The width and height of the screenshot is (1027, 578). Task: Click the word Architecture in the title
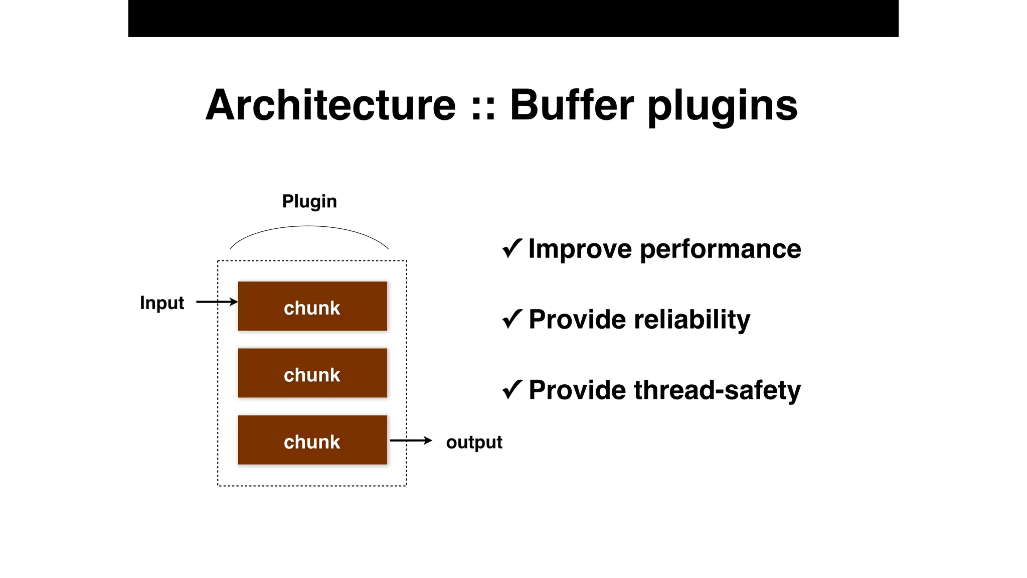point(331,105)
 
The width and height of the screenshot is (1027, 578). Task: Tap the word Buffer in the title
point(572,105)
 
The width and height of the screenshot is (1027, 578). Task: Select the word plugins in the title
point(722,106)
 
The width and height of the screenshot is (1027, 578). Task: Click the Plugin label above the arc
point(309,201)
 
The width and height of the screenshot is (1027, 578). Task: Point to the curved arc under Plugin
point(309,226)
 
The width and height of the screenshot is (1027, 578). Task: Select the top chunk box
point(312,306)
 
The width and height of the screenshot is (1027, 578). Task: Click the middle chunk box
point(312,373)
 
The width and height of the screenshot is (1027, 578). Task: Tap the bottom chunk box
point(312,440)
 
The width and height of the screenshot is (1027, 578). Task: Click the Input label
point(162,303)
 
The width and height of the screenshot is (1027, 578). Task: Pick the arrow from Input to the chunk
point(217,302)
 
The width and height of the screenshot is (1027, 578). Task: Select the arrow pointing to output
point(411,441)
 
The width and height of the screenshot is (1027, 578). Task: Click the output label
point(474,442)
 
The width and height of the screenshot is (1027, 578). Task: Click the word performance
point(720,249)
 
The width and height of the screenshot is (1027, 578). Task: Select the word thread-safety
point(717,390)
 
